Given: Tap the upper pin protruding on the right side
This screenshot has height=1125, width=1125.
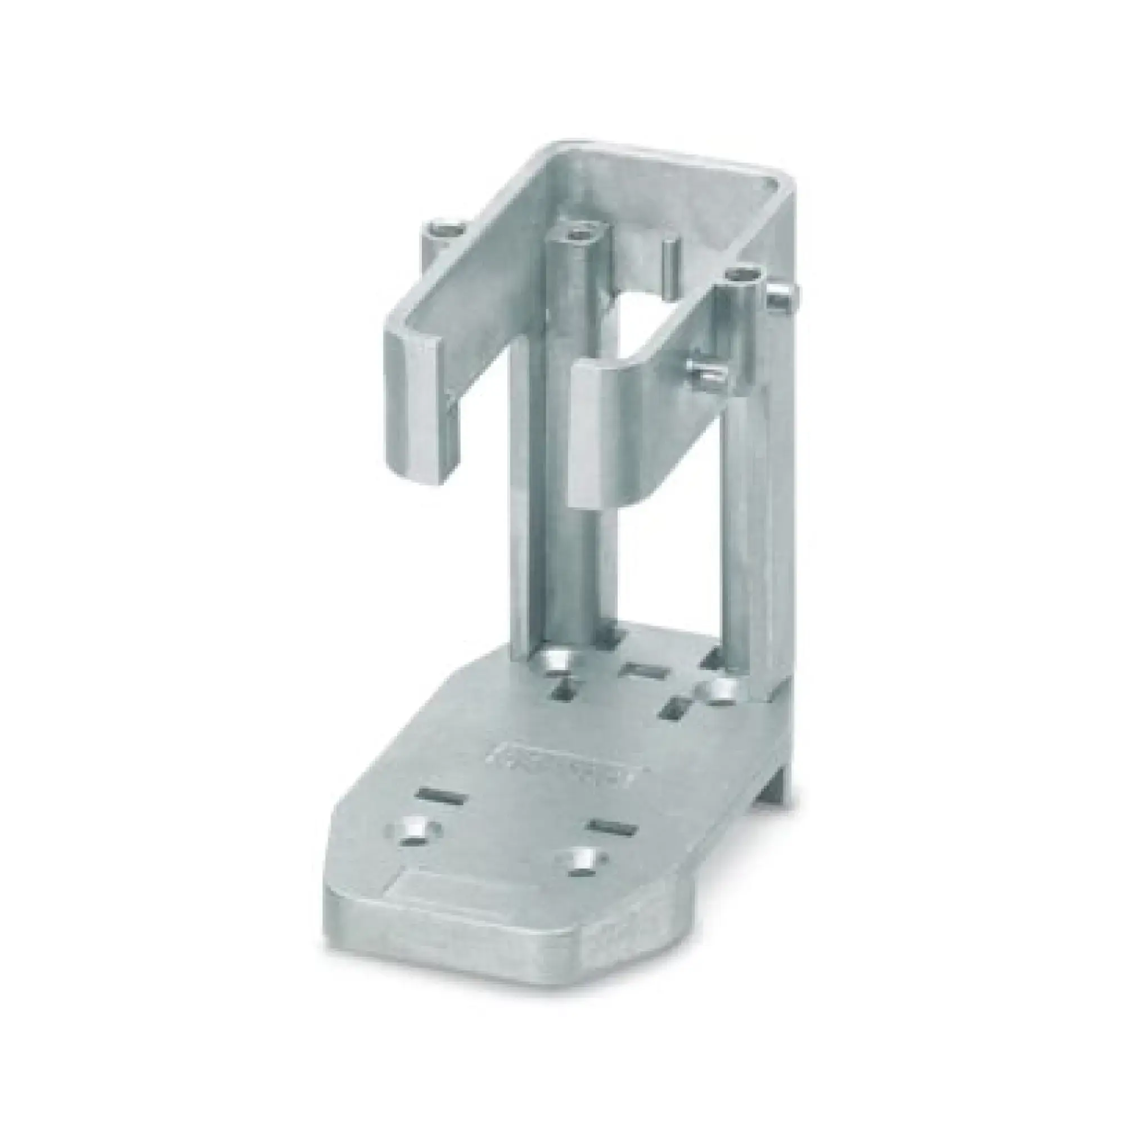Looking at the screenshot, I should (x=781, y=297).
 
